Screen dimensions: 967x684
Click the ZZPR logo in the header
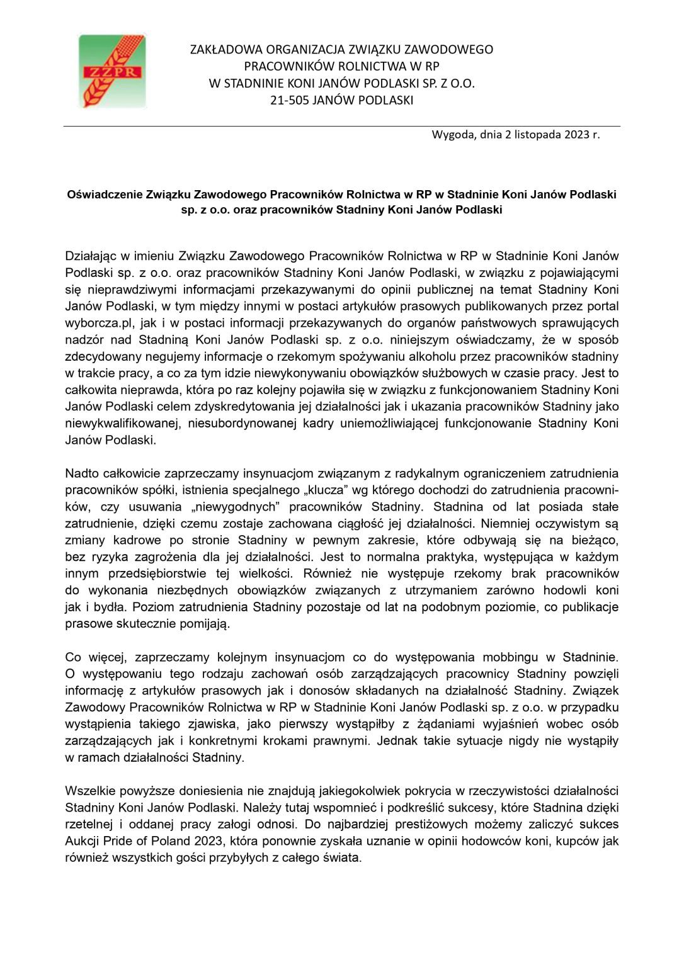pos(112,71)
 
